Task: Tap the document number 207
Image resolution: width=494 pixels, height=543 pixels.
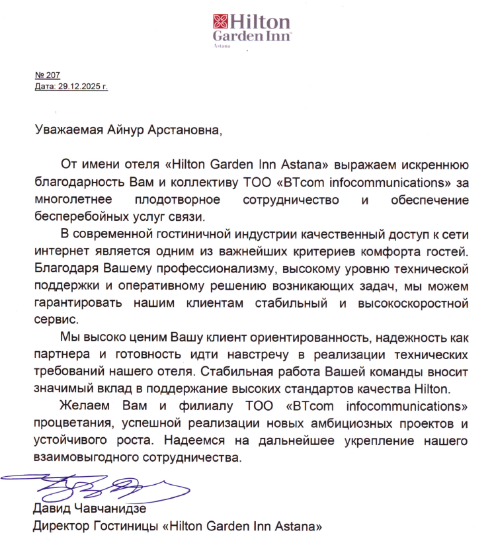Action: [x=52, y=75]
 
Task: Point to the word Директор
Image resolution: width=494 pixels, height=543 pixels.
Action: [x=60, y=527]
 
